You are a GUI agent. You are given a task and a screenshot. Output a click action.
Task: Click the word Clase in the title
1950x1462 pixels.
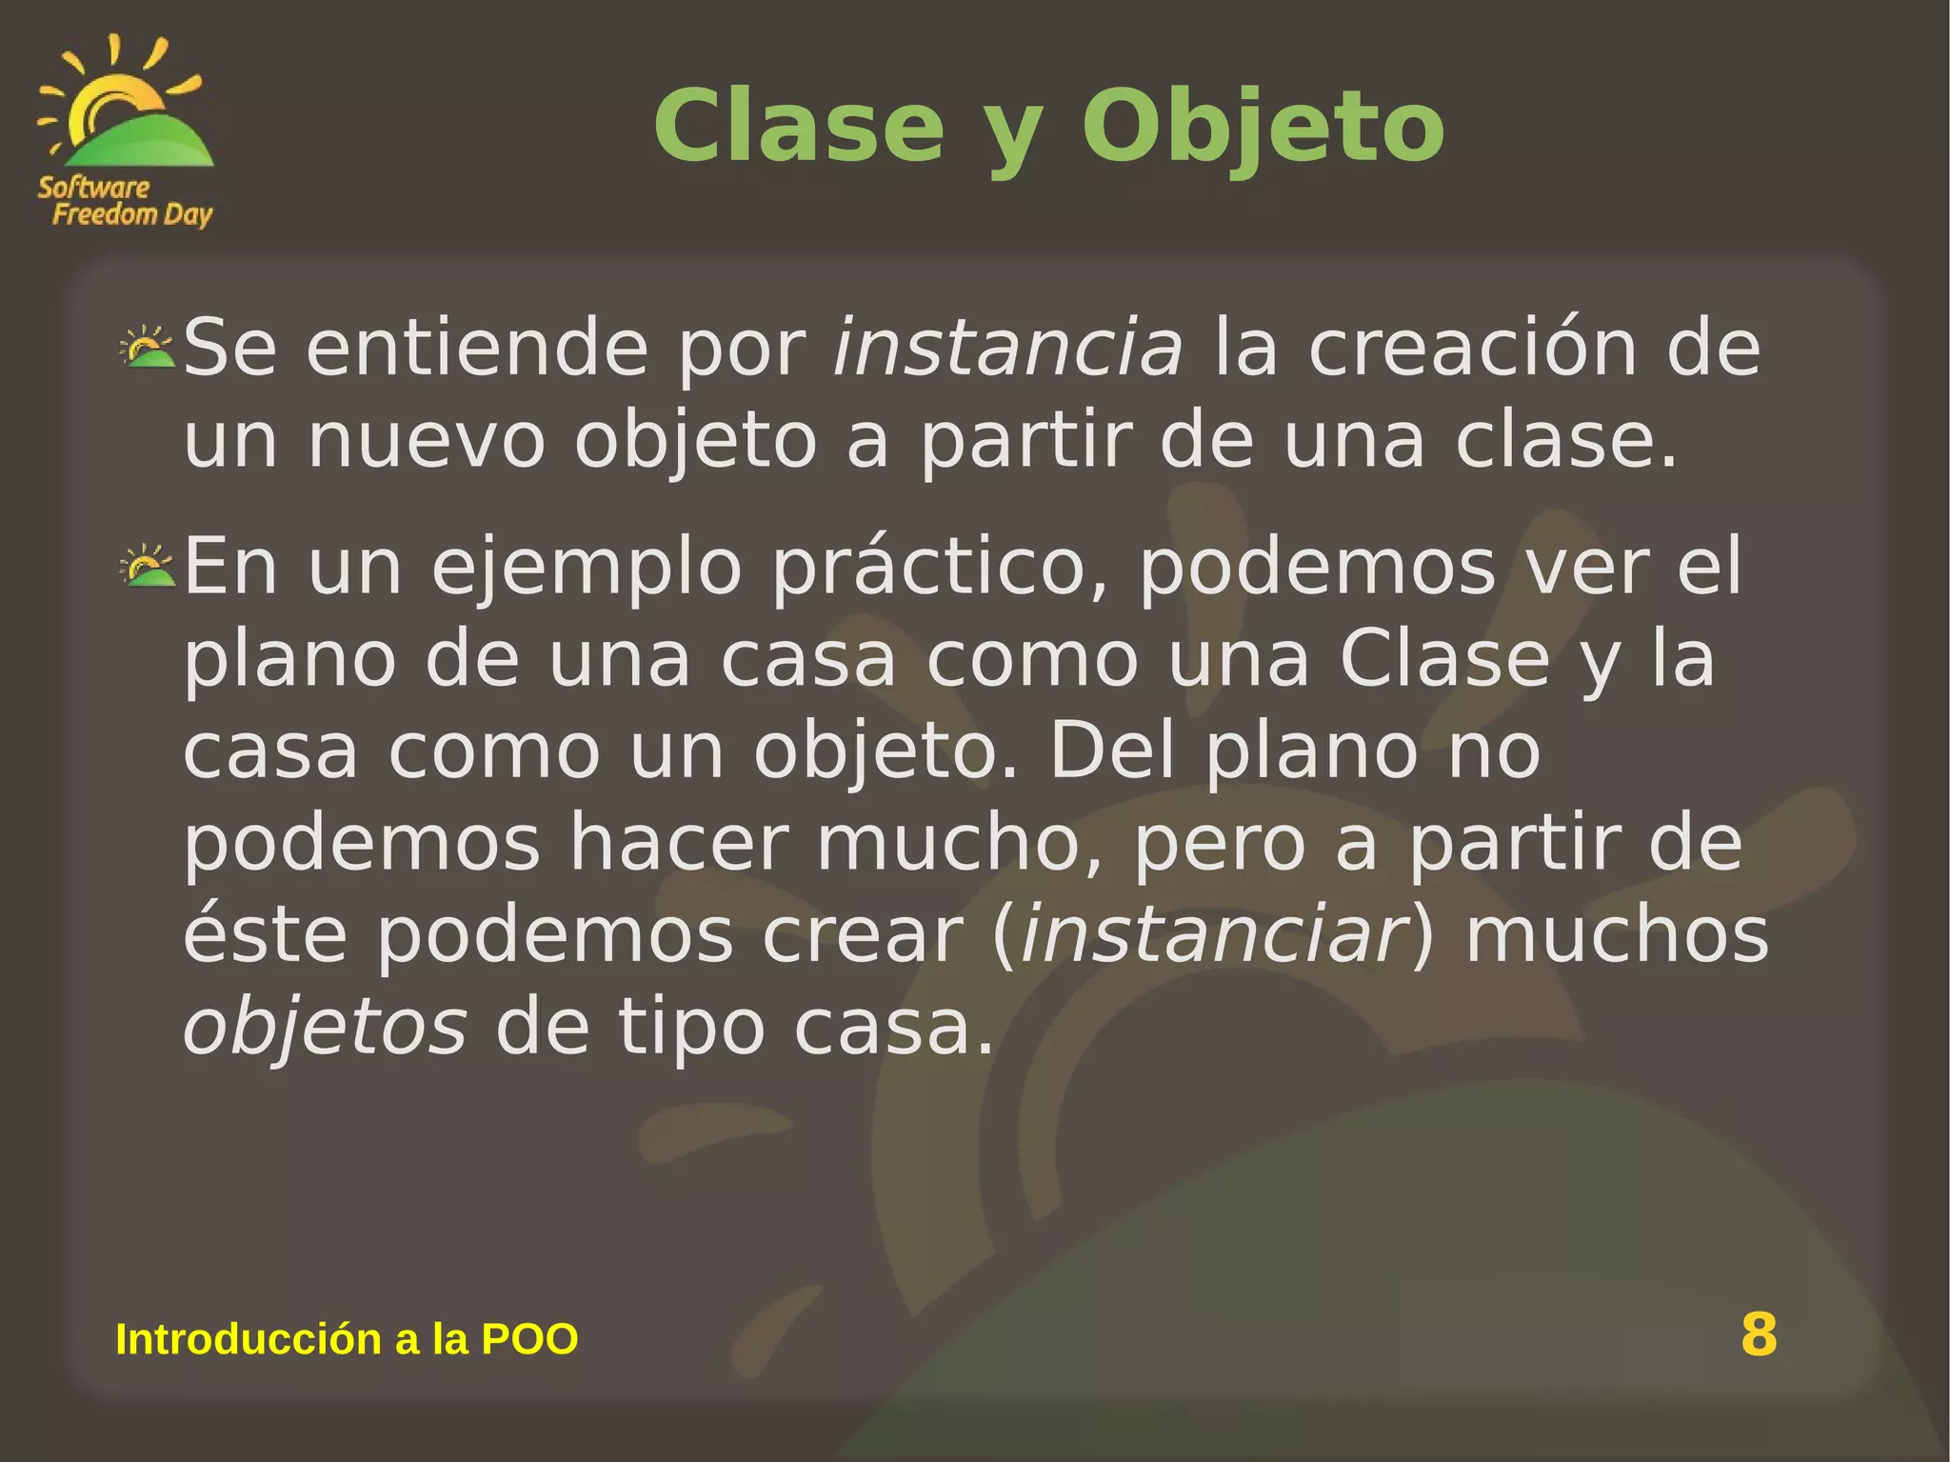point(798,127)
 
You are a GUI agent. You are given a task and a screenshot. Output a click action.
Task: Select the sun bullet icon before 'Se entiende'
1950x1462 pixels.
point(148,348)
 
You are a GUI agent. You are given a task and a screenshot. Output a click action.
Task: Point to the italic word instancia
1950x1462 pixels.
point(1007,348)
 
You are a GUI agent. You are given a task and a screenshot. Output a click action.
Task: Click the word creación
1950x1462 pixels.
point(1472,348)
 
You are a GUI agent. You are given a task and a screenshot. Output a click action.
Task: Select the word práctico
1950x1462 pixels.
point(941,566)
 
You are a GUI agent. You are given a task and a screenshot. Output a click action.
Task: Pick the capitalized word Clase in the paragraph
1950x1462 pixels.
point(1444,658)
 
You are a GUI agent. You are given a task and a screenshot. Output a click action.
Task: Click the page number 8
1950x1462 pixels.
point(1759,1333)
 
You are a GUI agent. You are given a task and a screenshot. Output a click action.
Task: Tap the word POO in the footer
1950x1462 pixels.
point(529,1339)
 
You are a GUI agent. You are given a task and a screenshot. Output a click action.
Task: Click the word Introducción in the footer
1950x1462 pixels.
point(249,1339)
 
